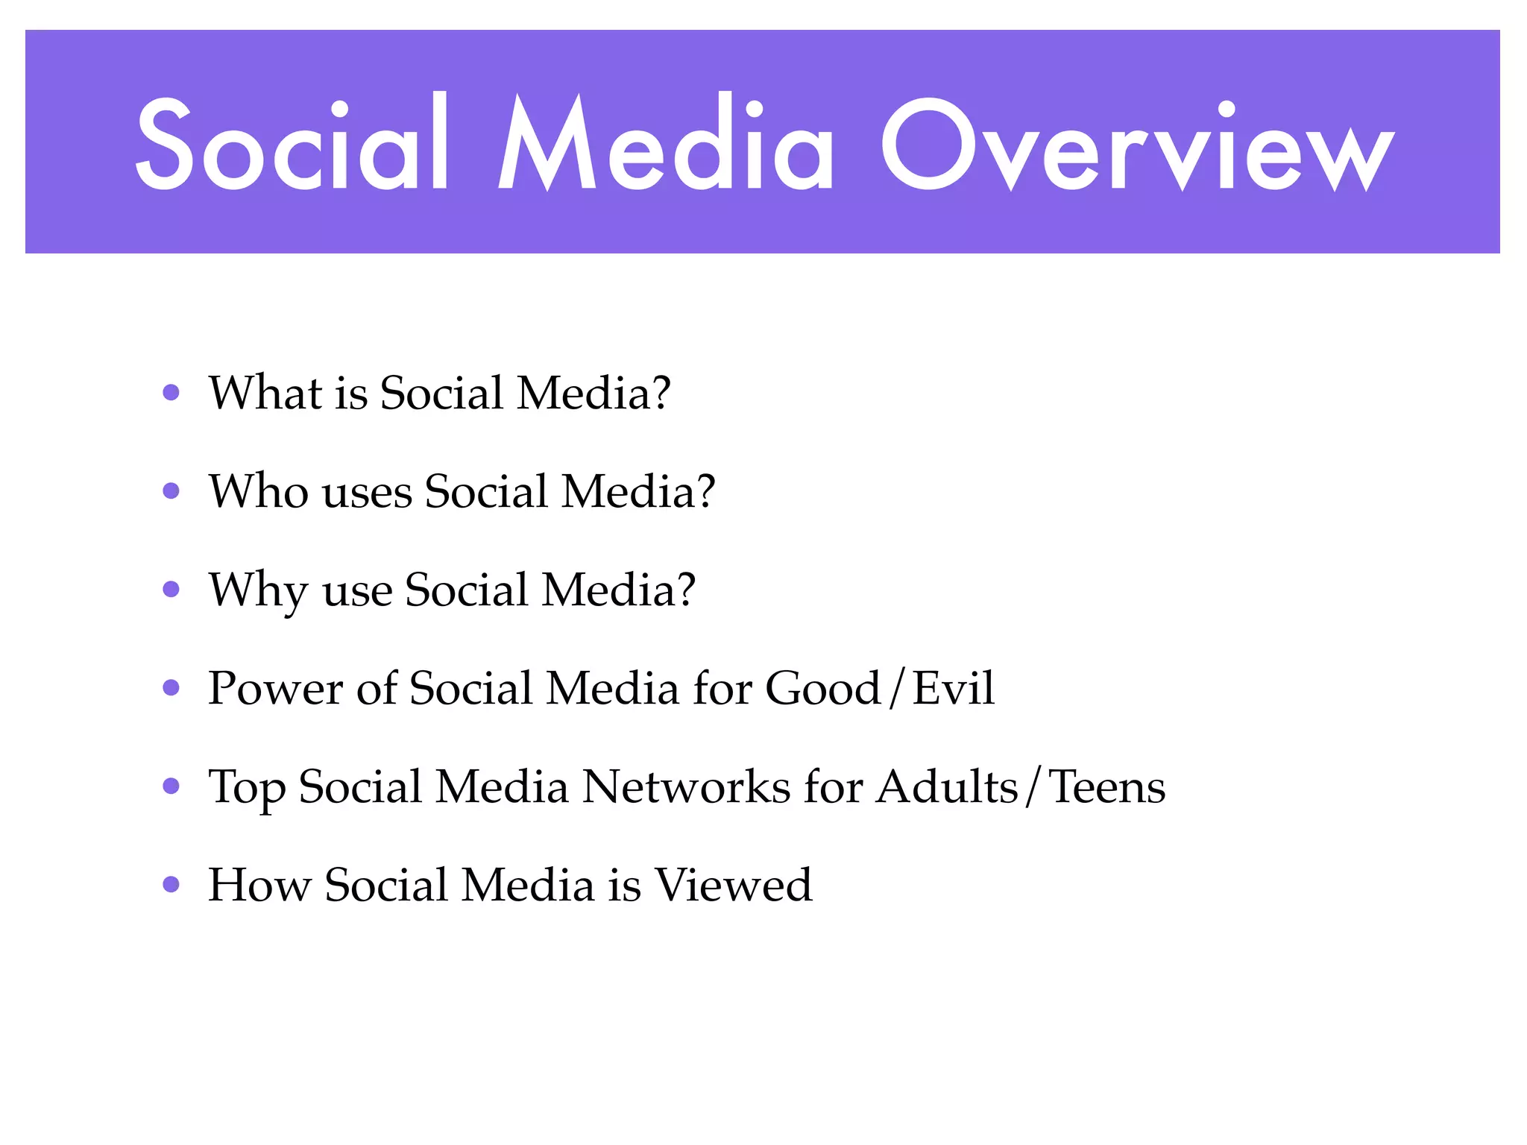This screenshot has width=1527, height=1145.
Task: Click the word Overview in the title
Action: tap(1137, 145)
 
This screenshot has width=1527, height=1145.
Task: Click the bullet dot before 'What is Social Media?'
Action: tap(171, 392)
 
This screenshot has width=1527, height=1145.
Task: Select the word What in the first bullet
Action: tap(265, 392)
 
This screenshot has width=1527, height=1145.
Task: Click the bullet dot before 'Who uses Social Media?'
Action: tap(171, 491)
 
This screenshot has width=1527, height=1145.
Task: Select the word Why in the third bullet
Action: tap(258, 590)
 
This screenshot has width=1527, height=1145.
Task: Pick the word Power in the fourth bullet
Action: tap(275, 687)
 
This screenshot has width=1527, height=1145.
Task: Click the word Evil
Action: tap(954, 687)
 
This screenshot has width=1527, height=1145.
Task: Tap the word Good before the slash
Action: tap(823, 687)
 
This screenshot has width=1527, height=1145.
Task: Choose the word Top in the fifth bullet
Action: tap(247, 787)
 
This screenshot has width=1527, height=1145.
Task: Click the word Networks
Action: tap(686, 786)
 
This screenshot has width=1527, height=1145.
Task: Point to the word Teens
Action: tap(1107, 786)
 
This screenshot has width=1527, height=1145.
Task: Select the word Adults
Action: tap(947, 786)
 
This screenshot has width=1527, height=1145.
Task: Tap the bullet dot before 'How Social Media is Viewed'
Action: tap(171, 884)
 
